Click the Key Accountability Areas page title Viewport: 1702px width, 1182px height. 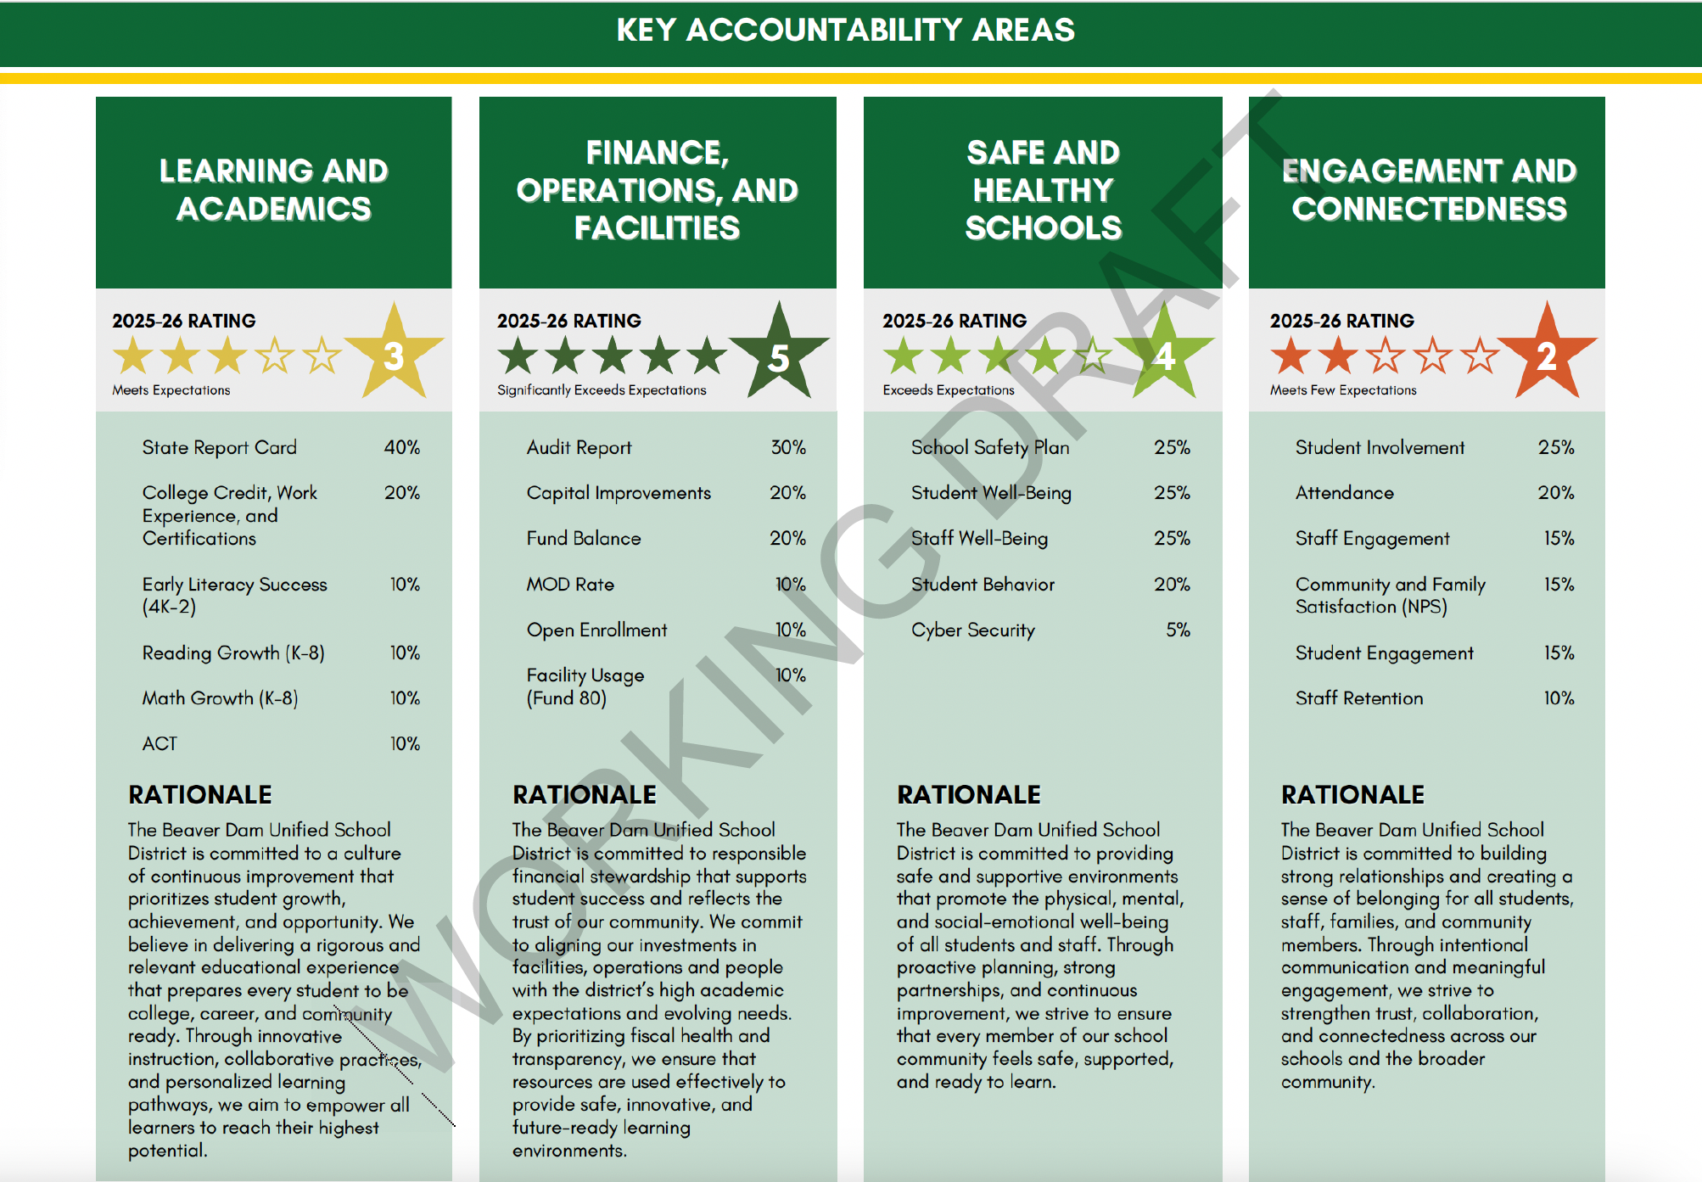[845, 31]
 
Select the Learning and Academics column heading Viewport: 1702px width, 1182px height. [273, 190]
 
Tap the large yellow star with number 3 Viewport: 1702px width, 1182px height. [394, 355]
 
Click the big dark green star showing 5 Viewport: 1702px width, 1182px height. [778, 356]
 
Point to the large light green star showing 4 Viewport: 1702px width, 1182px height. [1164, 356]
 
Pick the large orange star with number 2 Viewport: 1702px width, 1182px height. [1547, 355]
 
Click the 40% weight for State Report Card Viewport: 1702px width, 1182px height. [401, 447]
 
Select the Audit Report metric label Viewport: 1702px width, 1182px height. [579, 447]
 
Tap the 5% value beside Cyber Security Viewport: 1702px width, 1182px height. [1178, 630]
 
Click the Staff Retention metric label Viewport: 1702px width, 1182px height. [1358, 698]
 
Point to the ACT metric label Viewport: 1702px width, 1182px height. [160, 744]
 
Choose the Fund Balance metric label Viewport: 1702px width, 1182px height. [583, 538]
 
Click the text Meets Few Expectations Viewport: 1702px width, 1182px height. [1342, 390]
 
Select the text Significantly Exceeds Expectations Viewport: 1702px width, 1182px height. [601, 390]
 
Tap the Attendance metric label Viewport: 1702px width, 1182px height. [1344, 493]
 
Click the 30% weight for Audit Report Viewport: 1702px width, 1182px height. [787, 447]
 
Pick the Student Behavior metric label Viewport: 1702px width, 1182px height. [983, 584]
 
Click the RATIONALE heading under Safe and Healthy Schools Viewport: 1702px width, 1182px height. [968, 794]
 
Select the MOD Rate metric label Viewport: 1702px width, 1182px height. [569, 584]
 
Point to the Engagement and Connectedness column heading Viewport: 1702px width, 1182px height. [1429, 190]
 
